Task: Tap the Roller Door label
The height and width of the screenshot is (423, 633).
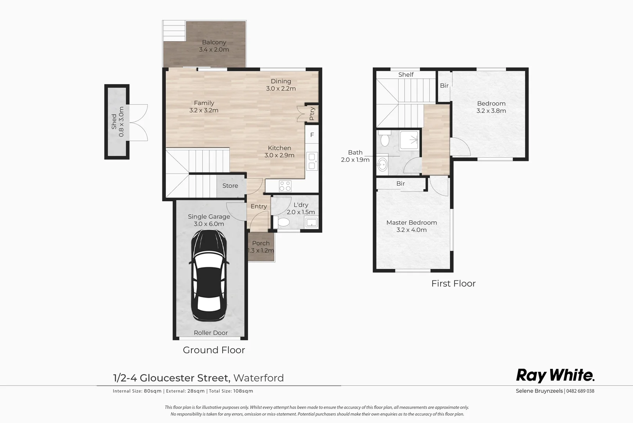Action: [210, 333]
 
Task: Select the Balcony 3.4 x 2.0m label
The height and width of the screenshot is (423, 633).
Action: [214, 46]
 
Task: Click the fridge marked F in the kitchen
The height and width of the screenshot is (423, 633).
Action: [312, 135]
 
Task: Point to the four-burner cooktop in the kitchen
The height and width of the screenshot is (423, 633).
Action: [285, 186]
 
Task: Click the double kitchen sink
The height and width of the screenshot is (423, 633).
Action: [312, 161]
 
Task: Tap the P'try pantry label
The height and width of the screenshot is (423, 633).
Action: [312, 114]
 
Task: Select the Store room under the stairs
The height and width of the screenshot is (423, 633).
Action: [230, 186]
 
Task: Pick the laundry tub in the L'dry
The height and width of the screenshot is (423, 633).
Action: [311, 223]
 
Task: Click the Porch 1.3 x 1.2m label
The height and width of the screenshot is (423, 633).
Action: [261, 247]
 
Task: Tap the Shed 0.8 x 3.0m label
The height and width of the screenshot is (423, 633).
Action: [117, 122]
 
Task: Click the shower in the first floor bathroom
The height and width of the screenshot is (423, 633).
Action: [409, 140]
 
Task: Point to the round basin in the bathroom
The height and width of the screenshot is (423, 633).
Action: [382, 163]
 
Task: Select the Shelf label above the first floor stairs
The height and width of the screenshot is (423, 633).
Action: [406, 74]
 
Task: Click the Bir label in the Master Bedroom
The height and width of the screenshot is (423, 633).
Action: [400, 184]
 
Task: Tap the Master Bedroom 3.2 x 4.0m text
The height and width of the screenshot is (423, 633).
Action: [412, 226]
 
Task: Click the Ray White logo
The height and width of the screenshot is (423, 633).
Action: [555, 375]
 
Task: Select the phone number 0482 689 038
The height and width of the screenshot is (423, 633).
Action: [580, 391]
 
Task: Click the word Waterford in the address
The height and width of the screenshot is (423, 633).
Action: [258, 378]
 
